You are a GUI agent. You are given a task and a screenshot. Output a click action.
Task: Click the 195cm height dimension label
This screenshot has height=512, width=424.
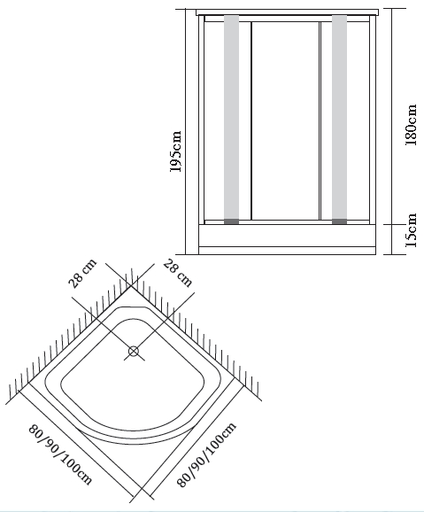pyautogui.click(x=175, y=151)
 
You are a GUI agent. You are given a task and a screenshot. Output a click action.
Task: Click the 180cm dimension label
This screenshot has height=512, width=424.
pyautogui.click(x=411, y=125)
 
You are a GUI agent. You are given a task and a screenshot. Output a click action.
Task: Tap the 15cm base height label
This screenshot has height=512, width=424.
pyautogui.click(x=411, y=230)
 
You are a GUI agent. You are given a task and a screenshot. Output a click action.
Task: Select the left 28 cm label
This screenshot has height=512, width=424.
pyautogui.click(x=83, y=274)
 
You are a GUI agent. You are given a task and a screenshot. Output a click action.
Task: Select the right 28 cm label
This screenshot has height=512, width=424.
pyautogui.click(x=177, y=273)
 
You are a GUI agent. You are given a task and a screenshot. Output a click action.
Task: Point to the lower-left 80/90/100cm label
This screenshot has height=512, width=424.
pyautogui.click(x=61, y=454)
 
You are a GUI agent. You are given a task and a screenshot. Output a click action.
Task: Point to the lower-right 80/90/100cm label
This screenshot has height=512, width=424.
pyautogui.click(x=206, y=454)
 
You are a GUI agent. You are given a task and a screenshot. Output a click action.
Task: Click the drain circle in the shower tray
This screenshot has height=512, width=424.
pyautogui.click(x=134, y=352)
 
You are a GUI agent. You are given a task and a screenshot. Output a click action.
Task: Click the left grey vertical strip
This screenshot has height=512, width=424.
pyautogui.click(x=231, y=117)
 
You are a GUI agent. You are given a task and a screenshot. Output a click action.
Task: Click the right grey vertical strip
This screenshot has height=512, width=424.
pyautogui.click(x=339, y=117)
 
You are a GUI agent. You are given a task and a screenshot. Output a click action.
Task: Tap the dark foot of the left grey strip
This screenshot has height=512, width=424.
pyautogui.click(x=231, y=221)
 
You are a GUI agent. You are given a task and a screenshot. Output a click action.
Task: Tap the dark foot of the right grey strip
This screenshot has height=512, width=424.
pyautogui.click(x=339, y=221)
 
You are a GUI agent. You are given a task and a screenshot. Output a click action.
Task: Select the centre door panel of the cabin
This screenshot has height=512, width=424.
pyautogui.click(x=285, y=120)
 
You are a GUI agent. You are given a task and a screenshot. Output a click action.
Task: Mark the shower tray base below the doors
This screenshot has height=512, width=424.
pyautogui.click(x=287, y=239)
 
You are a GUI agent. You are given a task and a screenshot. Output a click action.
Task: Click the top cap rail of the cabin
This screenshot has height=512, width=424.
pyautogui.click(x=287, y=12)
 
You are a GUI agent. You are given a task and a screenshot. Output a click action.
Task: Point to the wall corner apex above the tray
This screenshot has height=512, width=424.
pyautogui.click(x=131, y=286)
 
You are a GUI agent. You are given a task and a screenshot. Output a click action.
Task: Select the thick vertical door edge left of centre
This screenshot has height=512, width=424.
pyautogui.click(x=251, y=120)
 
